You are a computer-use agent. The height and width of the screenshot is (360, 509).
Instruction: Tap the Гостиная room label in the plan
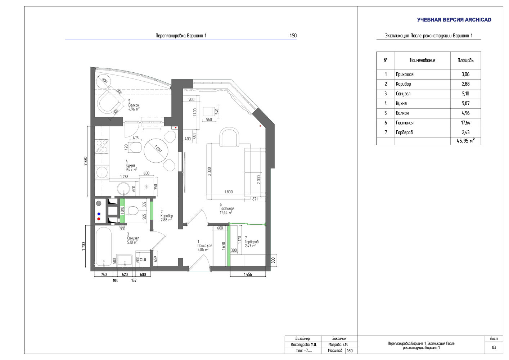point(227,208)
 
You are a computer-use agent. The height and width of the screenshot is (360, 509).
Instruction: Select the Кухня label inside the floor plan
point(130,165)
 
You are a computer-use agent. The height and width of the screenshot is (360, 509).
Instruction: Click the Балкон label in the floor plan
point(134,105)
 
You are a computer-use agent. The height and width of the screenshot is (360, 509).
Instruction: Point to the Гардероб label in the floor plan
point(252,242)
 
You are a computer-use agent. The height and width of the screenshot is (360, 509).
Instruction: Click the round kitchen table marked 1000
point(156,151)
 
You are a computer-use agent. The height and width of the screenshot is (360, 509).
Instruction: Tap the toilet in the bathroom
point(132,210)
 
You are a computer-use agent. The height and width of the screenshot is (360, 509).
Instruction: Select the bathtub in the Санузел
point(104,247)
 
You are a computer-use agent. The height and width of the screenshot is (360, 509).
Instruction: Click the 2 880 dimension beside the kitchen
point(85,161)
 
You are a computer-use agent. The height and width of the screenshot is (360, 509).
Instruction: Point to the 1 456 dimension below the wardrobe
point(248,274)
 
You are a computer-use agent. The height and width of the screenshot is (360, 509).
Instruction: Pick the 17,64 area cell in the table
point(465,123)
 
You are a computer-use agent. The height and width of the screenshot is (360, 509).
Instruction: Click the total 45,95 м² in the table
point(465,141)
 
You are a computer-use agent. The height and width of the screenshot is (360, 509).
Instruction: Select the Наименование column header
point(422,60)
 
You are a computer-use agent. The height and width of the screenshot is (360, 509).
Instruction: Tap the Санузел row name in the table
point(403,94)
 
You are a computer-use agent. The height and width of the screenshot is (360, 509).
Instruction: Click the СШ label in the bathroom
point(143,260)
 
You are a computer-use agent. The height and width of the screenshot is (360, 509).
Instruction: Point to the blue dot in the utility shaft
point(99,214)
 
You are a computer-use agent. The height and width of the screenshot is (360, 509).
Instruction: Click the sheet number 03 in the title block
point(494,347)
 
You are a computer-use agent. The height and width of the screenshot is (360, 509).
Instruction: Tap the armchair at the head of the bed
point(229,137)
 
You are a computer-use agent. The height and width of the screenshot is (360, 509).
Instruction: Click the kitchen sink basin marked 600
point(123,188)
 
